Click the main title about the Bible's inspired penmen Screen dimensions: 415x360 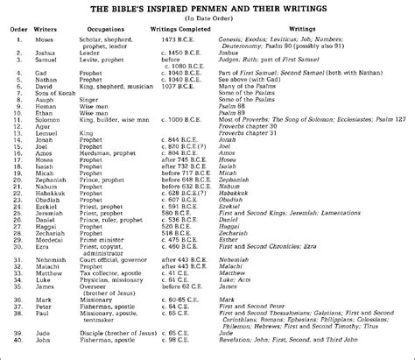(208, 8)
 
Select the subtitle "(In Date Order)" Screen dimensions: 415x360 (207, 18)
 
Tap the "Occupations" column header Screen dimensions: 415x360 (110, 32)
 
